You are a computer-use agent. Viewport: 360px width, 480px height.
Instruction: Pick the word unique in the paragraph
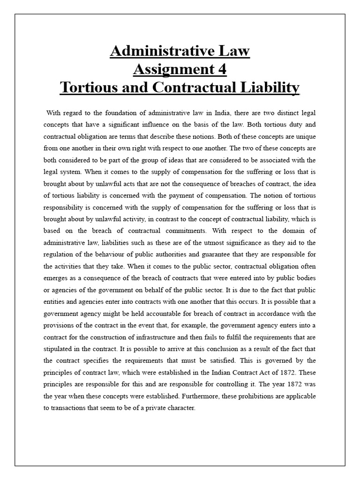[x=305, y=137]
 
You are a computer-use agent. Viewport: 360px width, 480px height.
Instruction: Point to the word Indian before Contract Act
[x=226, y=373]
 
